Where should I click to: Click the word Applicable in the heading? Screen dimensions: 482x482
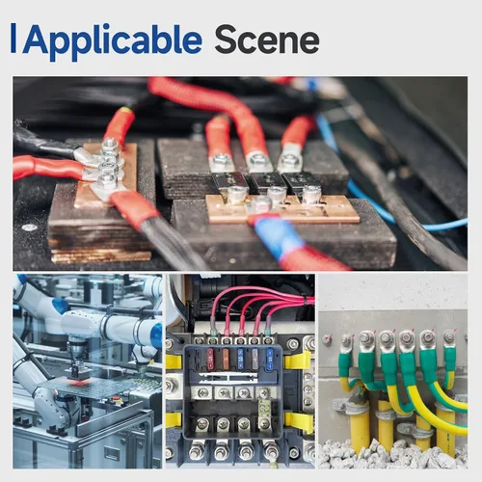click(112, 41)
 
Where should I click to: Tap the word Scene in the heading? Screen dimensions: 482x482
click(267, 40)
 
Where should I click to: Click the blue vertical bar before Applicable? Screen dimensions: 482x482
click(13, 38)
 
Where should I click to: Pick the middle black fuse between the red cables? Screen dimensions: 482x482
click(264, 181)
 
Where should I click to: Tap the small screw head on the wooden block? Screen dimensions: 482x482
click(29, 228)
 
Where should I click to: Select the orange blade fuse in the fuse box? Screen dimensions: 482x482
click(226, 358)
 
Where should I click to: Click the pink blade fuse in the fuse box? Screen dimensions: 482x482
click(210, 359)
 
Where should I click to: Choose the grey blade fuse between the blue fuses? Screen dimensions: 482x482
click(254, 358)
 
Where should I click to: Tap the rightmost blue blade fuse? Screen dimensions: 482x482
click(270, 359)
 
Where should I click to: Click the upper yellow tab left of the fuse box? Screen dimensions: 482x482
click(174, 361)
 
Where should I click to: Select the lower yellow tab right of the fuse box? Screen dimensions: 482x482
click(299, 420)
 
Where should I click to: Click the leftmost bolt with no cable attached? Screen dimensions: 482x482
click(327, 339)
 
